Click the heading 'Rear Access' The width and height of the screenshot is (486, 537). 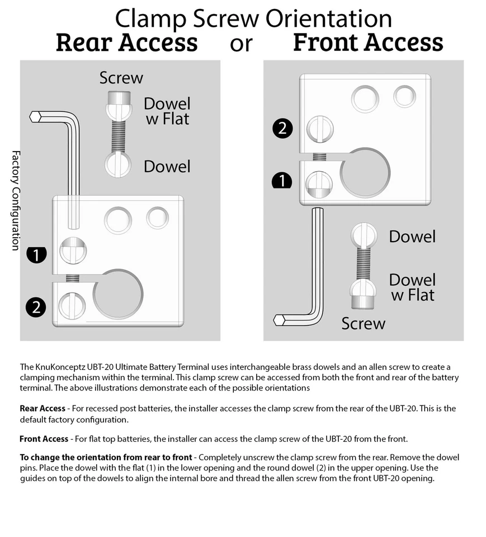point(126,43)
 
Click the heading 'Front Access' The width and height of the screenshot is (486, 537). point(367,43)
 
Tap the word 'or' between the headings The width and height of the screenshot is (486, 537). point(241,44)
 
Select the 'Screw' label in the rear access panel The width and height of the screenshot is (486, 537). point(121,78)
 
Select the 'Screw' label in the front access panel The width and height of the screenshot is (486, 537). point(364,323)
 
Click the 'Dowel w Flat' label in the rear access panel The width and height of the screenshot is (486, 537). point(167,111)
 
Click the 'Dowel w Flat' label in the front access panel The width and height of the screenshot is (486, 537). point(412,287)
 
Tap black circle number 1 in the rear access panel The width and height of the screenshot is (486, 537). point(36,256)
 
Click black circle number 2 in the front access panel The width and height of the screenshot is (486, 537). point(282,128)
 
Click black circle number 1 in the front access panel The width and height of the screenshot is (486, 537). point(282,181)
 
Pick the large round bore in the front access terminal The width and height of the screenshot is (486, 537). point(364,172)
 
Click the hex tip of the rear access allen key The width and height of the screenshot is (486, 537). point(35,116)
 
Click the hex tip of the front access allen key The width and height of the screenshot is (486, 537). point(280,320)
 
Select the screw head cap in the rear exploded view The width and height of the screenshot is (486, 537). point(119,100)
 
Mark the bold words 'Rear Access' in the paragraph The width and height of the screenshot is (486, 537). point(42,408)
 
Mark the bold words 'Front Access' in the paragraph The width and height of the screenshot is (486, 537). point(44,439)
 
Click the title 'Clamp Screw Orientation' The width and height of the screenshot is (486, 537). point(253,18)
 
